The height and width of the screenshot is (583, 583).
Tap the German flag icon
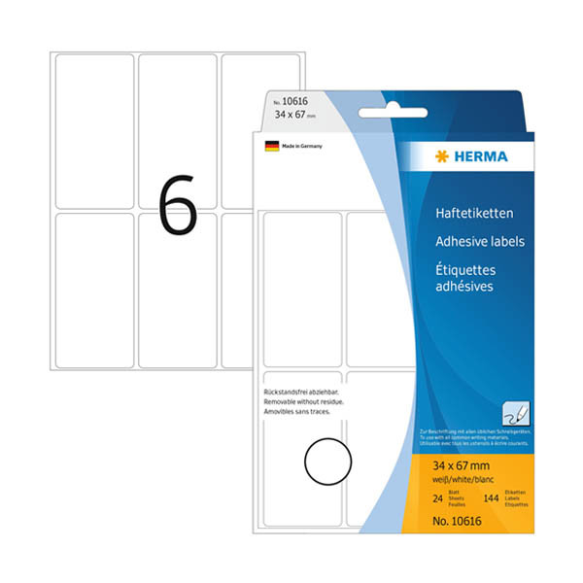272,146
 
